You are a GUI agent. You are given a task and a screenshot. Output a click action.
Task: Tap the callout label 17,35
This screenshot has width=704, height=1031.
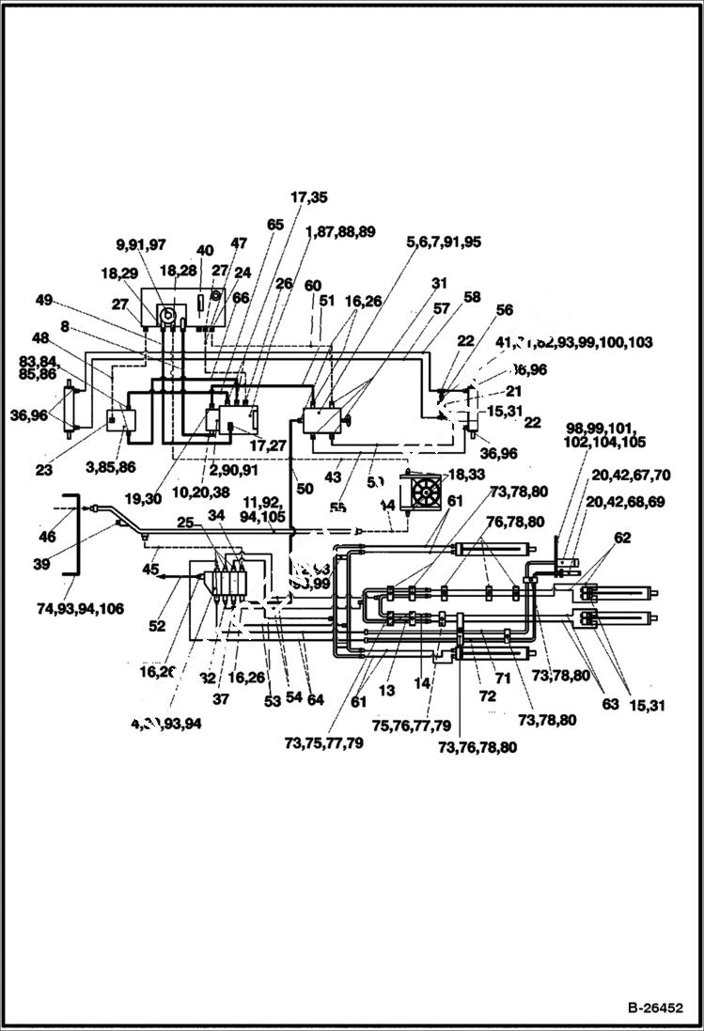pyautogui.click(x=308, y=197)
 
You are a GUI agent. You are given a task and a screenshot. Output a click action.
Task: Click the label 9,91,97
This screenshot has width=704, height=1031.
pyautogui.click(x=140, y=244)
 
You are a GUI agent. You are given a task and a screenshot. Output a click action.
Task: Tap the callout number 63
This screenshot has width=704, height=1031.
pyautogui.click(x=611, y=704)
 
